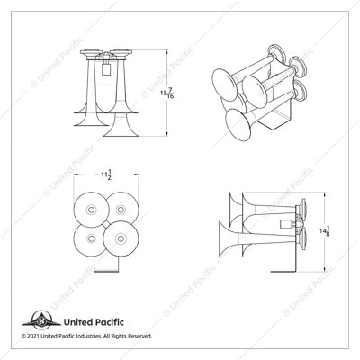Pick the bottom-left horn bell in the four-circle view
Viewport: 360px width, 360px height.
(91, 238)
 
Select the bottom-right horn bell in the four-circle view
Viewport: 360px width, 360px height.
(118, 241)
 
